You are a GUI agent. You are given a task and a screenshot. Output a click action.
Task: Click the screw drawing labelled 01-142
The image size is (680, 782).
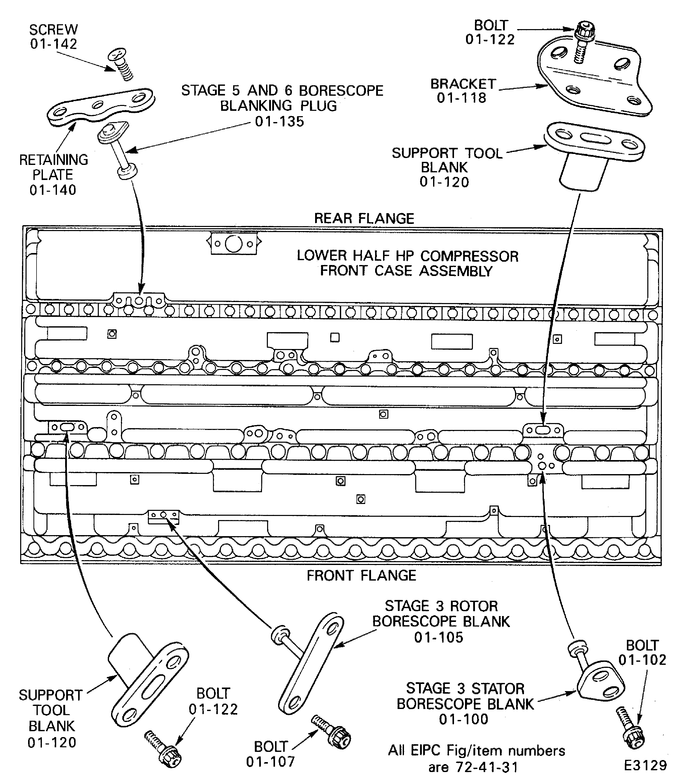[121, 65]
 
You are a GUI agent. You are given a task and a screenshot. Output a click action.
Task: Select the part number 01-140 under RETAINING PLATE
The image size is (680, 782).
[53, 190]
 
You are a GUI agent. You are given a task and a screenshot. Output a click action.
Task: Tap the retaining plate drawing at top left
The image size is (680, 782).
[101, 106]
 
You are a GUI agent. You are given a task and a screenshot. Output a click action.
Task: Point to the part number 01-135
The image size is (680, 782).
[279, 122]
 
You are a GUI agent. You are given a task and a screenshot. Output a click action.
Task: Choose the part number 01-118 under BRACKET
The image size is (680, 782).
[461, 98]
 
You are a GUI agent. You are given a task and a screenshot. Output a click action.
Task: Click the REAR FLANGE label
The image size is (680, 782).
[364, 219]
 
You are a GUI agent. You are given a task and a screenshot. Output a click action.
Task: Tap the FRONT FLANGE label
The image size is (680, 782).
[361, 576]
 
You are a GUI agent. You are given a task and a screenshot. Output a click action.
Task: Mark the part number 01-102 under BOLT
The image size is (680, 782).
[642, 660]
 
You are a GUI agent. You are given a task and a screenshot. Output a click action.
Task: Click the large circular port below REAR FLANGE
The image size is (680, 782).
[234, 244]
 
